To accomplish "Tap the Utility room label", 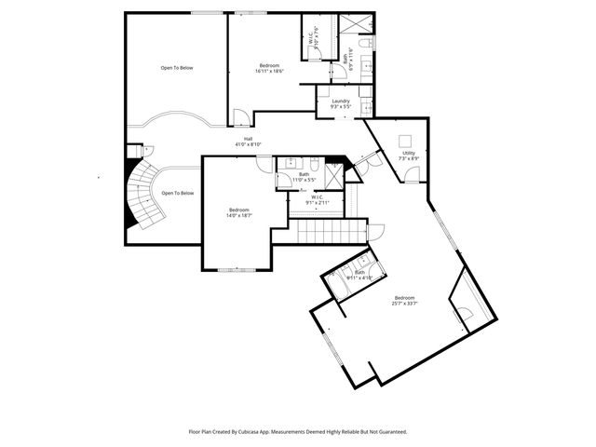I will [409, 156].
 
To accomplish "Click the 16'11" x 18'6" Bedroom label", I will [269, 68].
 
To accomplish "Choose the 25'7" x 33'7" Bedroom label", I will [404, 300].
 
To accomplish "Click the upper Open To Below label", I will [177, 68].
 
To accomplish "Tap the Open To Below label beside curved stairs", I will [178, 193].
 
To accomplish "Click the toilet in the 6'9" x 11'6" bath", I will [368, 45].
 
